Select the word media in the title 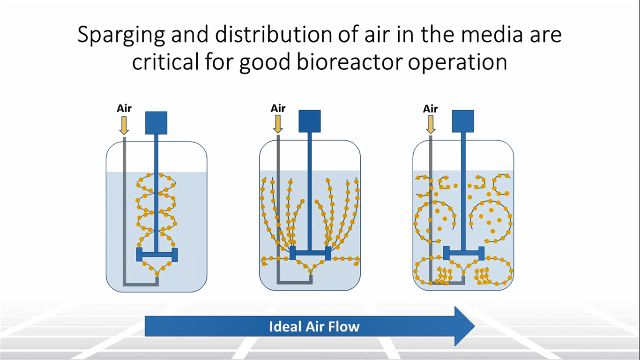pyautogui.click(x=487, y=36)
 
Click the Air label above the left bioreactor pyautogui.click(x=124, y=109)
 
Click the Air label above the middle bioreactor pyautogui.click(x=278, y=109)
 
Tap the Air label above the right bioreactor pyautogui.click(x=430, y=109)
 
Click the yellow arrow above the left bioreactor pyautogui.click(x=124, y=125)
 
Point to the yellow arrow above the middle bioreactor pyautogui.click(x=278, y=124)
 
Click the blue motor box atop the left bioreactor pyautogui.click(x=156, y=123)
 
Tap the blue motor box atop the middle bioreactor pyautogui.click(x=310, y=121)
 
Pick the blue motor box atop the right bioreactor pyautogui.click(x=463, y=121)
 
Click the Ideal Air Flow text pyautogui.click(x=314, y=326)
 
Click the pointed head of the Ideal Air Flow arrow pyautogui.click(x=464, y=326)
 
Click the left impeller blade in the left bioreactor pyautogui.click(x=139, y=255)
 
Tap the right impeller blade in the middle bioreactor pyautogui.click(x=328, y=253)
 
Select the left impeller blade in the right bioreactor pyautogui.click(x=446, y=253)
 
